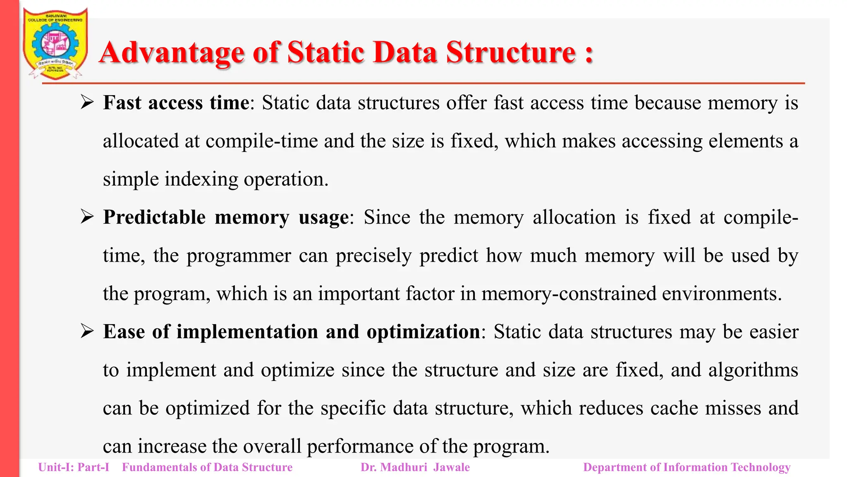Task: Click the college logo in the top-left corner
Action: pos(55,44)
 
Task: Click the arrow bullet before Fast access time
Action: pos(87,102)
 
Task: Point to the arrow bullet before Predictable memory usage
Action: pos(87,217)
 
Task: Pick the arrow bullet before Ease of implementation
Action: pos(87,331)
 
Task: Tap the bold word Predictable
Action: pos(154,217)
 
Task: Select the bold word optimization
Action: pos(423,332)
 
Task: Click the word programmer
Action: pos(239,256)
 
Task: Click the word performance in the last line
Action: pos(359,447)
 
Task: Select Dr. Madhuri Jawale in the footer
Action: pos(415,467)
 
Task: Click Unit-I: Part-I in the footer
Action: pos(74,467)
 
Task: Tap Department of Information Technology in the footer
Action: pos(687,467)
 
